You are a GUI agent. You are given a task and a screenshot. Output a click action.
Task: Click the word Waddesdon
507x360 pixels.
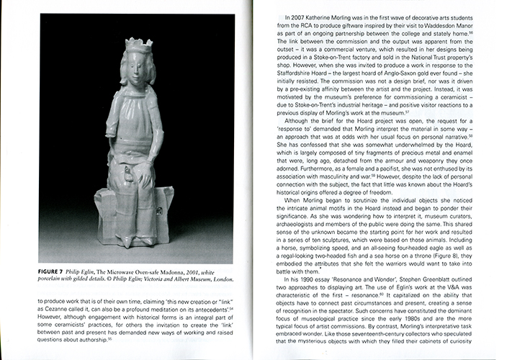(x=444, y=24)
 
